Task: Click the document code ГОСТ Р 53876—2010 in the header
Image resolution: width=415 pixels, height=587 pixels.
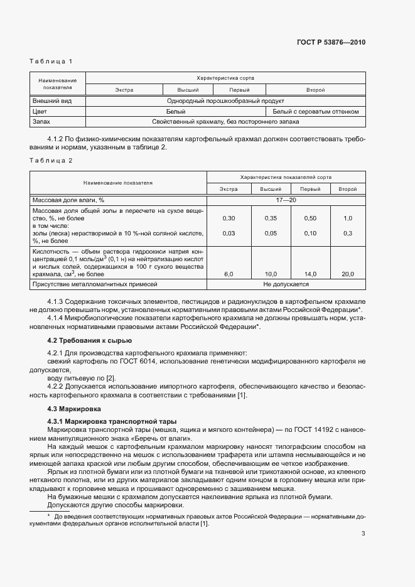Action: coord(330,43)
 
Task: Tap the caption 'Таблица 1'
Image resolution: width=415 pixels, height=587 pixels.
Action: coord(51,62)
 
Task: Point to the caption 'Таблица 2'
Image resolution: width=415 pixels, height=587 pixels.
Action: coord(51,161)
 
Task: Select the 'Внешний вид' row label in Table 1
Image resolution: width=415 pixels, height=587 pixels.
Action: coord(51,101)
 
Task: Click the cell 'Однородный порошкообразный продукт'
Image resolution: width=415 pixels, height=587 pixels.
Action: coord(225,101)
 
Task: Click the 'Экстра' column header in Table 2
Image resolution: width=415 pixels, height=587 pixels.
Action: coord(229,189)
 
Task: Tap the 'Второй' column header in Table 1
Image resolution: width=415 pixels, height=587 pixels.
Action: coord(316,90)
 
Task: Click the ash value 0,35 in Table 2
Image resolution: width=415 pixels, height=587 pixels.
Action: coord(271,218)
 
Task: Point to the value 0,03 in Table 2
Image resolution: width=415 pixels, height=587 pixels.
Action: coord(229,234)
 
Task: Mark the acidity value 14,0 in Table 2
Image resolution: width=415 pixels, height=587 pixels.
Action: coord(310,274)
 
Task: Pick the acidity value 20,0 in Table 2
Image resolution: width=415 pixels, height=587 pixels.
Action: coord(348,274)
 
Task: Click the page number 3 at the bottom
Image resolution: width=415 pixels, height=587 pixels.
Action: coord(363,534)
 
